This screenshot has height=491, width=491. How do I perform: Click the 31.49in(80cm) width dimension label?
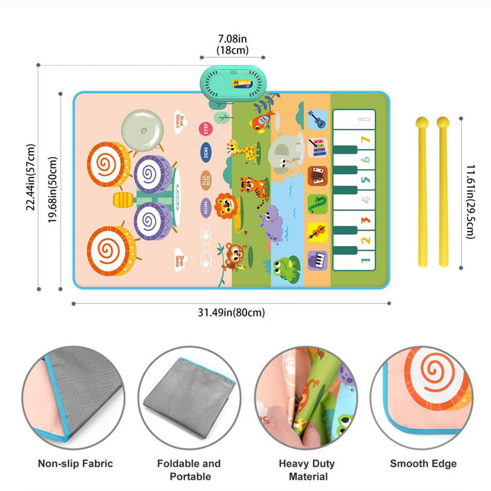coord(231,313)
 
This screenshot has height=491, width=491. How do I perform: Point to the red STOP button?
coord(205,129)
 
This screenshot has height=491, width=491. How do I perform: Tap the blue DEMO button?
coord(205,153)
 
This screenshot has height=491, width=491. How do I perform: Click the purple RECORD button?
coord(205,208)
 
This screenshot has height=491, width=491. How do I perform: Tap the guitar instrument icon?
coord(317,119)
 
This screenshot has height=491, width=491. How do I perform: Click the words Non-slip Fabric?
coord(75,464)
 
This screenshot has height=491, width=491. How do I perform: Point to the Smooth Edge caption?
coord(423,464)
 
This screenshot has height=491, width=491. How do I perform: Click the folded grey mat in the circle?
coord(188,396)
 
